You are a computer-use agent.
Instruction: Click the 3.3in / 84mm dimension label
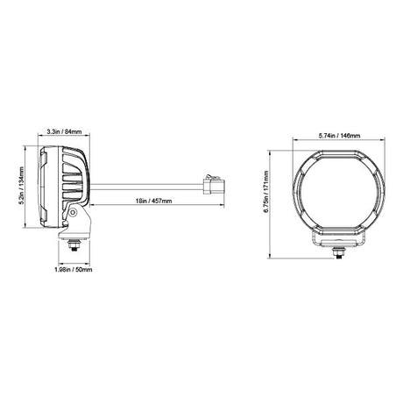pyautogui.click(x=64, y=131)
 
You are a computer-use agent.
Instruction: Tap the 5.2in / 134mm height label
pyautogui.click(x=21, y=186)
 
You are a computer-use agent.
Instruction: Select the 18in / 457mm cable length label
pyautogui.click(x=153, y=201)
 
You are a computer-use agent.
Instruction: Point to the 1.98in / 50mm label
pyautogui.click(x=74, y=269)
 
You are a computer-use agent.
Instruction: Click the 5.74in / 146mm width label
pyautogui.click(x=339, y=136)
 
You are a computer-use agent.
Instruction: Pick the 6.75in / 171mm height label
pyautogui.click(x=265, y=192)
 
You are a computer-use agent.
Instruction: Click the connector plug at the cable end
pyautogui.click(x=214, y=185)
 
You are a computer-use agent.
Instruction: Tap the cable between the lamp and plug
pyautogui.click(x=146, y=187)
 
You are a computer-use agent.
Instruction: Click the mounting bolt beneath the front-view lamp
pyautogui.click(x=339, y=251)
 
